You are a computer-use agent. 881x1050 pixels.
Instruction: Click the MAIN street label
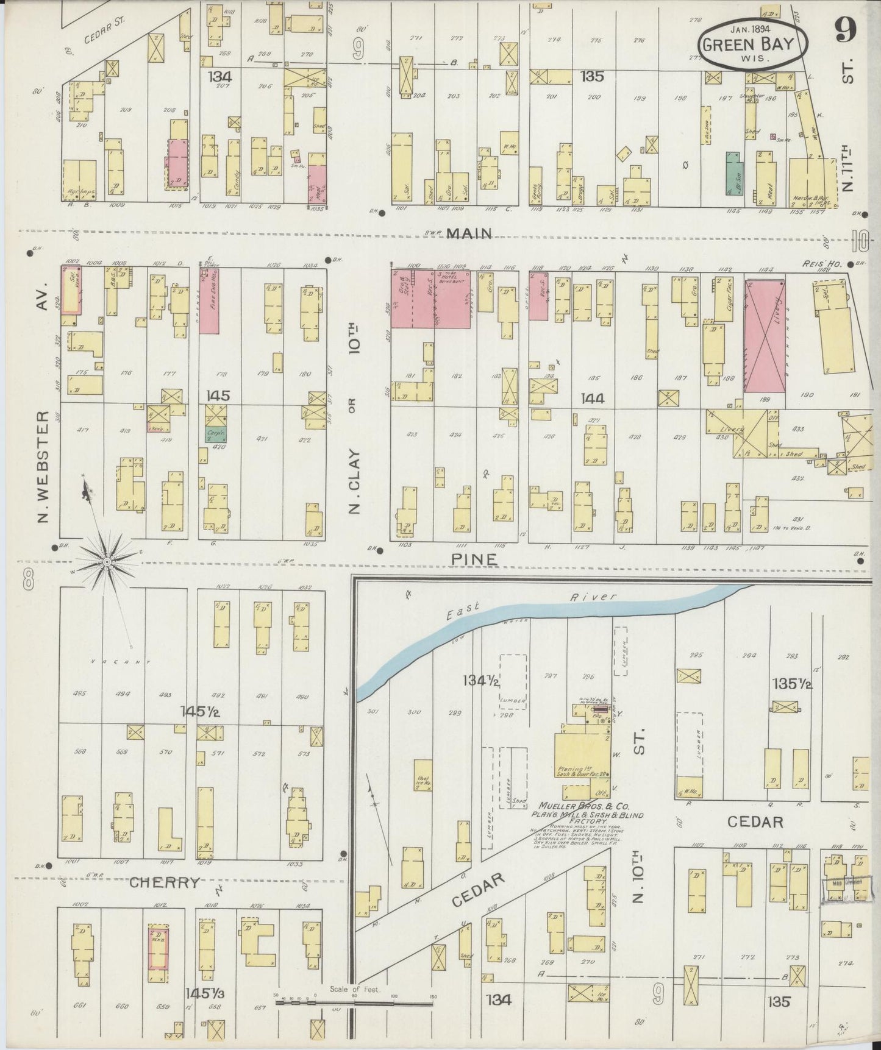[x=469, y=233]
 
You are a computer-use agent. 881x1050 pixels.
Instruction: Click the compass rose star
[x=107, y=560]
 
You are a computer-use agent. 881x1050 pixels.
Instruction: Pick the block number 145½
[x=199, y=711]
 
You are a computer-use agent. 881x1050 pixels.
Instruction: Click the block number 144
[x=592, y=398]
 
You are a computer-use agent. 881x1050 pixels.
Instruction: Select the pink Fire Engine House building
[x=209, y=300]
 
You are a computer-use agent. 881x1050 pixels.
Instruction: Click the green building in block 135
[x=733, y=173]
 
